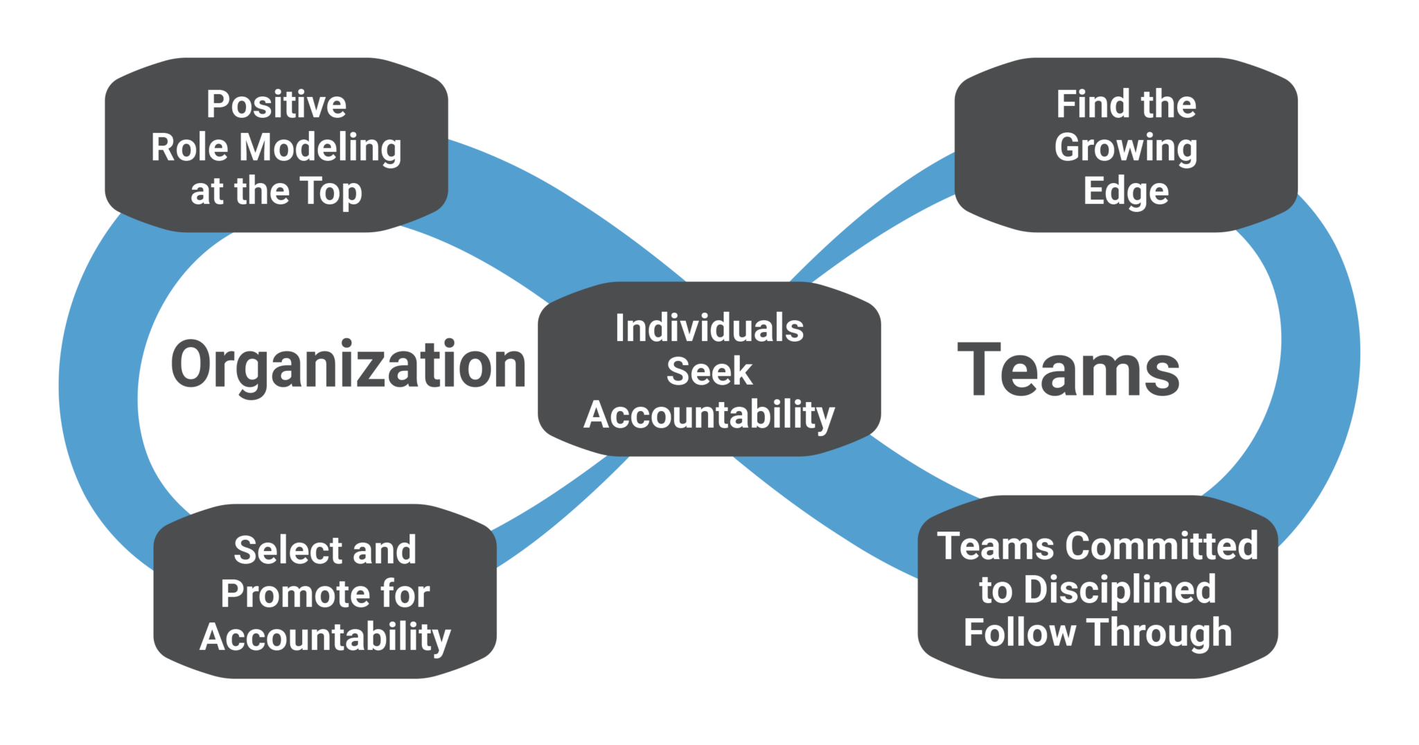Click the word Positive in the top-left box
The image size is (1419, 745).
[276, 105]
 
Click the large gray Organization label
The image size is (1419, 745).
[349, 366]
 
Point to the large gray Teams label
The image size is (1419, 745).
[1068, 371]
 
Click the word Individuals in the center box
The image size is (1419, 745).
[709, 328]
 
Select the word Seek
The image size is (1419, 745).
[709, 371]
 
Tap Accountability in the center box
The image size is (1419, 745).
[709, 416]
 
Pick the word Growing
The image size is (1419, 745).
[1126, 149]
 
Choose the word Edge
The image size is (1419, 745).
[1126, 192]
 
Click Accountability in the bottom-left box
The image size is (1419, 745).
[325, 638]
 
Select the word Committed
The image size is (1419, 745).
[1161, 545]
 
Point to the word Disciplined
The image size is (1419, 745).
[1120, 590]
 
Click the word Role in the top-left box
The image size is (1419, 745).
[189, 148]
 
